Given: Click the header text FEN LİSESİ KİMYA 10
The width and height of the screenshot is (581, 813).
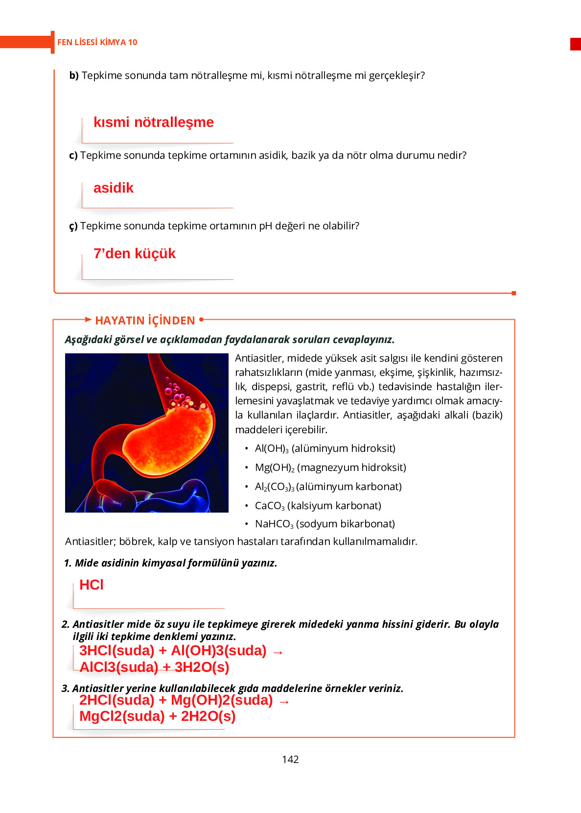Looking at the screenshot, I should coord(97,43).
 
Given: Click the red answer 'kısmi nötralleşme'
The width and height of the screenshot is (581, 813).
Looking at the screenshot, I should coord(153,122).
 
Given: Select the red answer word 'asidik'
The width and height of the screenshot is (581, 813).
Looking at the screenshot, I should coord(113,188).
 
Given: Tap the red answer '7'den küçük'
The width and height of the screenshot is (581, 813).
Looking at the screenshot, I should coord(134,254).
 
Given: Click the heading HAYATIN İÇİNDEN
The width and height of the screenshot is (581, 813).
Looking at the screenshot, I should coord(145,320).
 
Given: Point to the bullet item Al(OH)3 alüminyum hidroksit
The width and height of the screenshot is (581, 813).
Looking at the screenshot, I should coord(325,448).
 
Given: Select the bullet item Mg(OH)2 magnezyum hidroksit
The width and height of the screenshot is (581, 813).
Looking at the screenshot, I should coord(330,468).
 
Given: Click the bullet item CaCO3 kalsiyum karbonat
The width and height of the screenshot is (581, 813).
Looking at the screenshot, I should coord(318,506).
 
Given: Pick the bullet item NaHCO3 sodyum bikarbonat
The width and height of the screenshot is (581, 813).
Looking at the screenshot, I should coord(325,524).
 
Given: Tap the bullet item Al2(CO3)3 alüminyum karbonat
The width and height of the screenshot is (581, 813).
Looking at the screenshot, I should coord(328,487).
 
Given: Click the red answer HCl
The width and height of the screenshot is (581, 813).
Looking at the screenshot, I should coord(91,585).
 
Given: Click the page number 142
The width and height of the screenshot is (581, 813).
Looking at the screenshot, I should coord(290,760).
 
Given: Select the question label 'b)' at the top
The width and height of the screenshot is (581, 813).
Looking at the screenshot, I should coord(74,75).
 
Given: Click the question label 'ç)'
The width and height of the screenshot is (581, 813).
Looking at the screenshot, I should coord(73,226).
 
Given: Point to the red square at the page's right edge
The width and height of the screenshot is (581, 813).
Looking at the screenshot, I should coord(575,44).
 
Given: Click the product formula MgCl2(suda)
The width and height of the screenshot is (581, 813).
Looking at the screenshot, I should coord(121,716).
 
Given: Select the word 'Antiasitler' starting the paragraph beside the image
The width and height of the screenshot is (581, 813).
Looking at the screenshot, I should coord(257,358).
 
